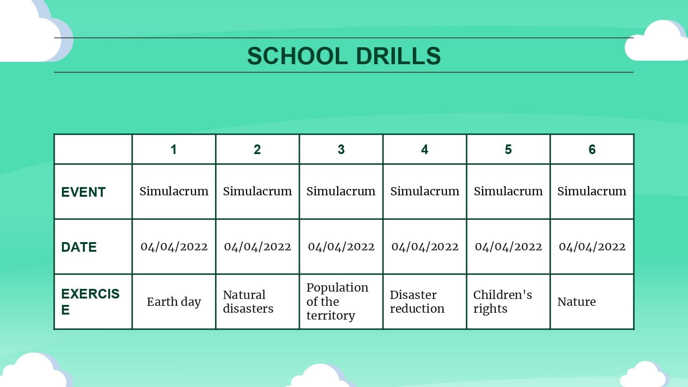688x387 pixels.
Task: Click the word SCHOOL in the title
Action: tap(297, 56)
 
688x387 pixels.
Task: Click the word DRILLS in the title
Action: tap(399, 56)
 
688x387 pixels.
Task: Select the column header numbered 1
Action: tap(173, 149)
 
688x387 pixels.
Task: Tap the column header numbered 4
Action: tap(424, 149)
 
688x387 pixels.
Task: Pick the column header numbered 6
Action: tap(592, 149)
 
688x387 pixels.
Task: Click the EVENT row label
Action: tap(83, 192)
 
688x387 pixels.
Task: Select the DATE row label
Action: tap(78, 247)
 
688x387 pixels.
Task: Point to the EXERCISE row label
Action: tap(90, 302)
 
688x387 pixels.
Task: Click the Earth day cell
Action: tap(174, 302)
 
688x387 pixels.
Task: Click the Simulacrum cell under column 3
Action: tap(341, 191)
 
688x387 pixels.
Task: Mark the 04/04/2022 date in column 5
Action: tap(508, 247)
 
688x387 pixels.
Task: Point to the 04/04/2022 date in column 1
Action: tap(174, 247)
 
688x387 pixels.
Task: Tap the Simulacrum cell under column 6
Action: tap(592, 191)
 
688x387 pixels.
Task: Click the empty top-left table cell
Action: tap(93, 149)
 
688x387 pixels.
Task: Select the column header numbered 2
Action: tap(257, 149)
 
